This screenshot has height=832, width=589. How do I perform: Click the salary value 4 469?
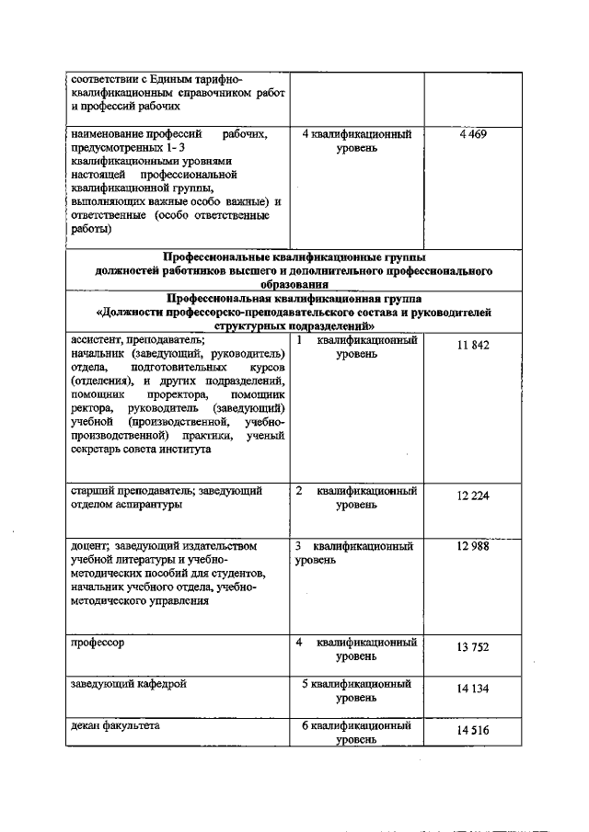(x=472, y=135)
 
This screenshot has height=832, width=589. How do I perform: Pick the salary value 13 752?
(x=472, y=647)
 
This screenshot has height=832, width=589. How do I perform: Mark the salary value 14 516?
(x=472, y=731)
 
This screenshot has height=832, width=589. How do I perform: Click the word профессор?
(x=98, y=643)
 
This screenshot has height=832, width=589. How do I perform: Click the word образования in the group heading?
(x=294, y=285)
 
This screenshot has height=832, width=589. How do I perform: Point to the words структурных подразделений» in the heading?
(x=294, y=325)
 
